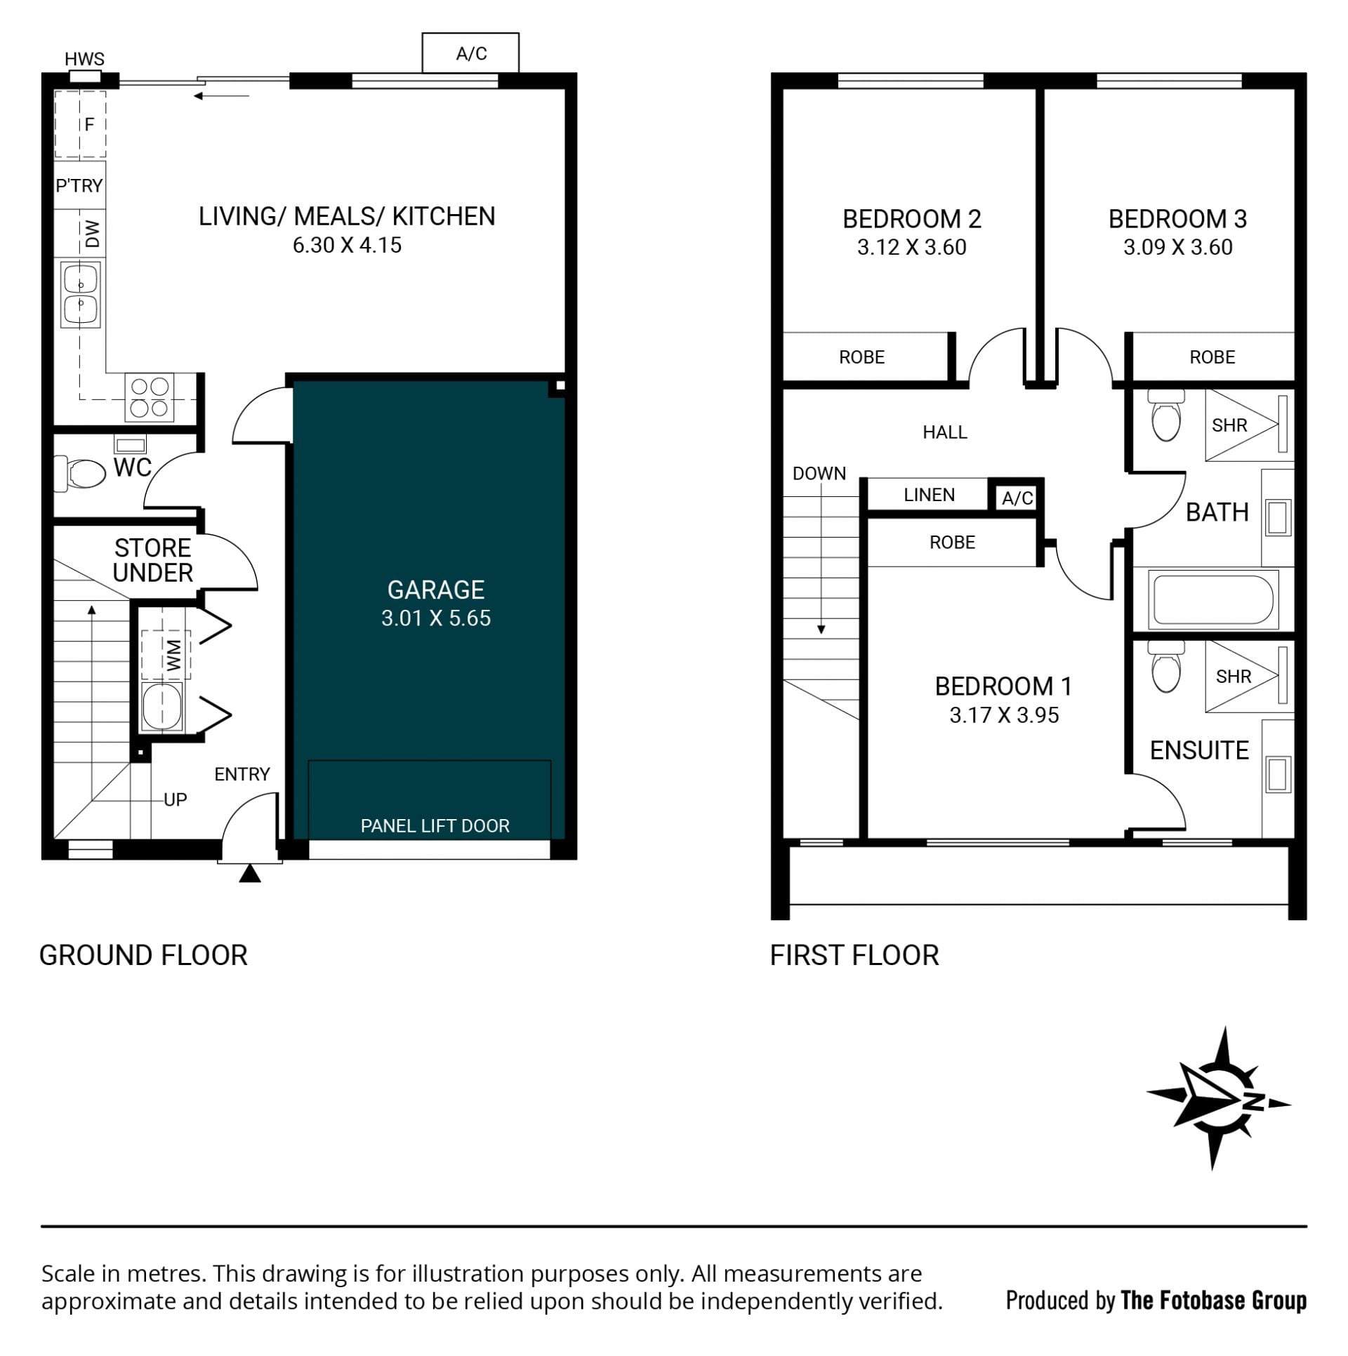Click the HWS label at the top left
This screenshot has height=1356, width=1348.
84,59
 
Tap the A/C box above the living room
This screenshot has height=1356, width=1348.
470,53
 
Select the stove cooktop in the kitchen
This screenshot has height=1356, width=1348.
150,397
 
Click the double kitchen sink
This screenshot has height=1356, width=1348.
81,294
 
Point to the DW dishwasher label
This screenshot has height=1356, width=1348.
92,234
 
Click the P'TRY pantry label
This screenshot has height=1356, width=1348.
79,185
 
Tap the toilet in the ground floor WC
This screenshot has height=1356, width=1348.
79,473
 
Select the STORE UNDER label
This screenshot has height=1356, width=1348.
153,560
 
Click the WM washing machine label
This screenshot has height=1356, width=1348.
173,654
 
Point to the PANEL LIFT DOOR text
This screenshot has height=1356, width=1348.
435,825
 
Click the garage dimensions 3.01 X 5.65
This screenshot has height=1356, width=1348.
436,618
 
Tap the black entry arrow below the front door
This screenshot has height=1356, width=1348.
250,873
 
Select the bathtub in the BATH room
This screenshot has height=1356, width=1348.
1213,599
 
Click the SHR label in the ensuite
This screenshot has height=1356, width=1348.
1234,677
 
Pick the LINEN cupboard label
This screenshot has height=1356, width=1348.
929,495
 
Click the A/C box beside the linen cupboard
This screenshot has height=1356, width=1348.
1017,498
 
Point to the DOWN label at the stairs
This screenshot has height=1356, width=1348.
819,474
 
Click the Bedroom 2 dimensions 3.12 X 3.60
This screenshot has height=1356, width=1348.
911,247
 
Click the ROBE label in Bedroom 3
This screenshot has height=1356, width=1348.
1212,357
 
